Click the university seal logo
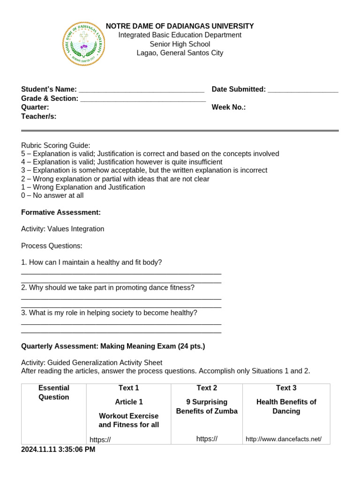83,44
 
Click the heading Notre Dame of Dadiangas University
180,26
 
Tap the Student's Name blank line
141,90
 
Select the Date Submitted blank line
303,90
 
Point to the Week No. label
229,107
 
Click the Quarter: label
35,107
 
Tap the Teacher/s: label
39,116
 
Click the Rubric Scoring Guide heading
56,145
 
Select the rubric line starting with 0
52,195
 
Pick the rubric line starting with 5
150,154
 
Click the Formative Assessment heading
61,212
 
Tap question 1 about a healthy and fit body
91,262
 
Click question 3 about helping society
109,313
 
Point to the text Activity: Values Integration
63,229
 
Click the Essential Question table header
54,392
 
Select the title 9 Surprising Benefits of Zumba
207,406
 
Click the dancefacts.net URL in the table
284,439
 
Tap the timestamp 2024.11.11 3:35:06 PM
58,450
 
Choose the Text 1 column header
129,388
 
